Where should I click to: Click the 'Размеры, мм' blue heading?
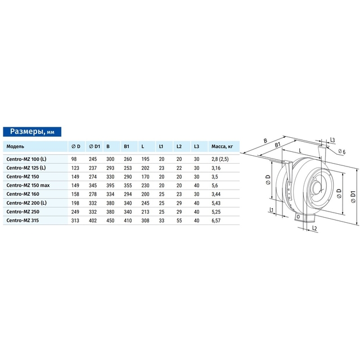32,132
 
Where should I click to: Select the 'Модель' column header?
15,146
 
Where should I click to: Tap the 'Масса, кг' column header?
222,146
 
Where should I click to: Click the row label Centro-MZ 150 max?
28,185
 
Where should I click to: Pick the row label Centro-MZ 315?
22,220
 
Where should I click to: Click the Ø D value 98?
74,159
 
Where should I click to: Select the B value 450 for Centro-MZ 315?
110,220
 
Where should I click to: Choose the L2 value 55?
179,220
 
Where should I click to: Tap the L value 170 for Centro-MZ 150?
145,177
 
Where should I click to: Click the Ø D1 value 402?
93,220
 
